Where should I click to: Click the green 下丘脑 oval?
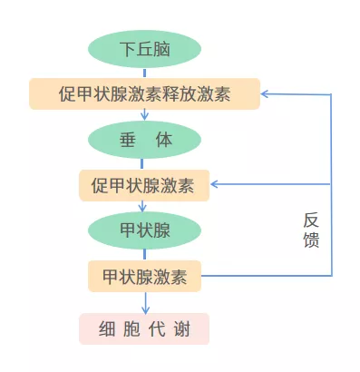pos(144,47)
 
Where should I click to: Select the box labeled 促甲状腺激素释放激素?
pos(144,93)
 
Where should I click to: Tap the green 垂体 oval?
pos(144,139)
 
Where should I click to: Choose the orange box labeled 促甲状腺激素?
pos(144,185)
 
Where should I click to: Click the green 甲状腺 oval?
pos(144,230)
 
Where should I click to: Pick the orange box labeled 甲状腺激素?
pos(144,276)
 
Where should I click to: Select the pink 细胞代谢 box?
pos(144,328)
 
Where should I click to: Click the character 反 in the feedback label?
pos(311,221)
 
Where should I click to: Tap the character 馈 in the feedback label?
pos(311,241)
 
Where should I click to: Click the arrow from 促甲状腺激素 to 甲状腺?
pos(144,206)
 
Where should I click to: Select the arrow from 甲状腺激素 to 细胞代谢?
pos(144,302)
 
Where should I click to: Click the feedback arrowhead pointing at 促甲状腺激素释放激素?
pos(267,93)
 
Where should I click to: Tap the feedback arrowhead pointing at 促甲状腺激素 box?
pos(216,185)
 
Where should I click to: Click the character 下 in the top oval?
pos(128,47)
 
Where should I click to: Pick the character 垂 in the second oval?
pos(127,139)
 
